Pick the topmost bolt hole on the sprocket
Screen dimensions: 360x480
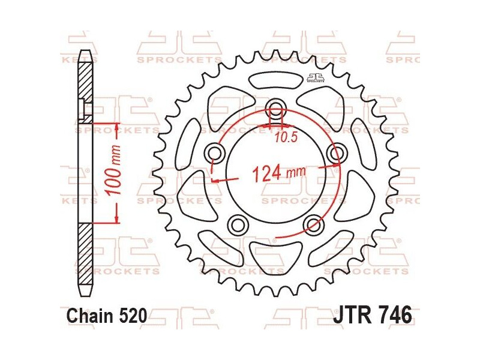[276, 109]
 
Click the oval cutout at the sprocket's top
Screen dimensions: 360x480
[275, 80]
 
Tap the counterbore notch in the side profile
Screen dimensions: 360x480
[83, 107]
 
